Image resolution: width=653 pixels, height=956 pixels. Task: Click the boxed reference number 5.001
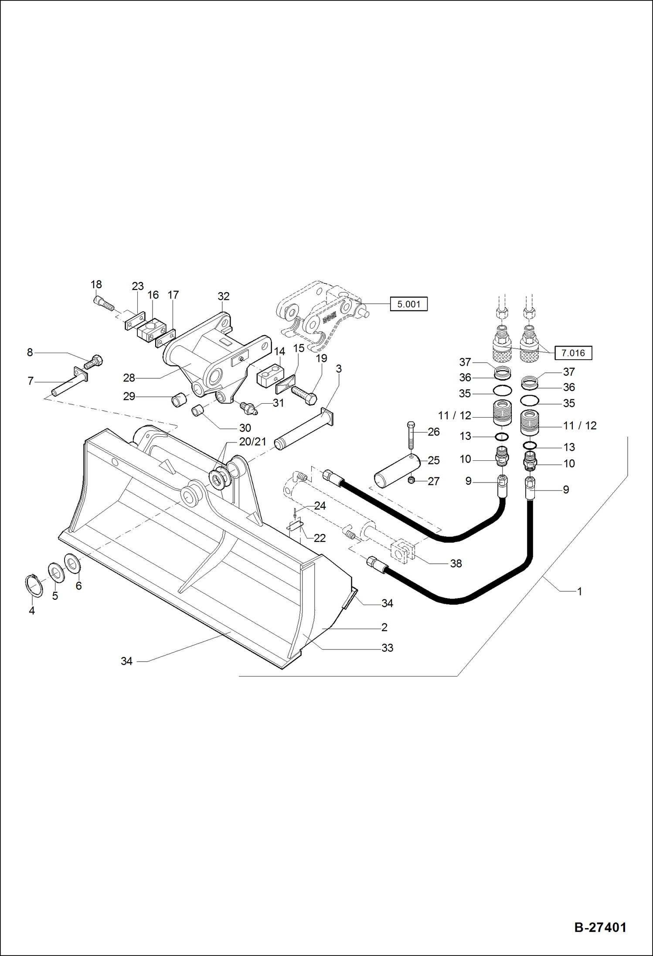[x=408, y=304]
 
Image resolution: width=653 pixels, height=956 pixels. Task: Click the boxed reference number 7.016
[x=573, y=353]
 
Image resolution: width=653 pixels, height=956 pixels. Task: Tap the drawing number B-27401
[x=600, y=927]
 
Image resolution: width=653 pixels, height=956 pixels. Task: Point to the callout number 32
[x=223, y=296]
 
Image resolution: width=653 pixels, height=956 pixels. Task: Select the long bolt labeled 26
[x=410, y=436]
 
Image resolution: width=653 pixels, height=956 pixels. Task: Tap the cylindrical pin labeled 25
[x=397, y=471]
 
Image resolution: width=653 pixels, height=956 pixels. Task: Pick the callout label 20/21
[x=252, y=442]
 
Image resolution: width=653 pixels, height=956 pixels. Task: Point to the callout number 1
[x=579, y=592]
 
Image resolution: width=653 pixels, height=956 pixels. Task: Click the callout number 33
[x=387, y=648]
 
